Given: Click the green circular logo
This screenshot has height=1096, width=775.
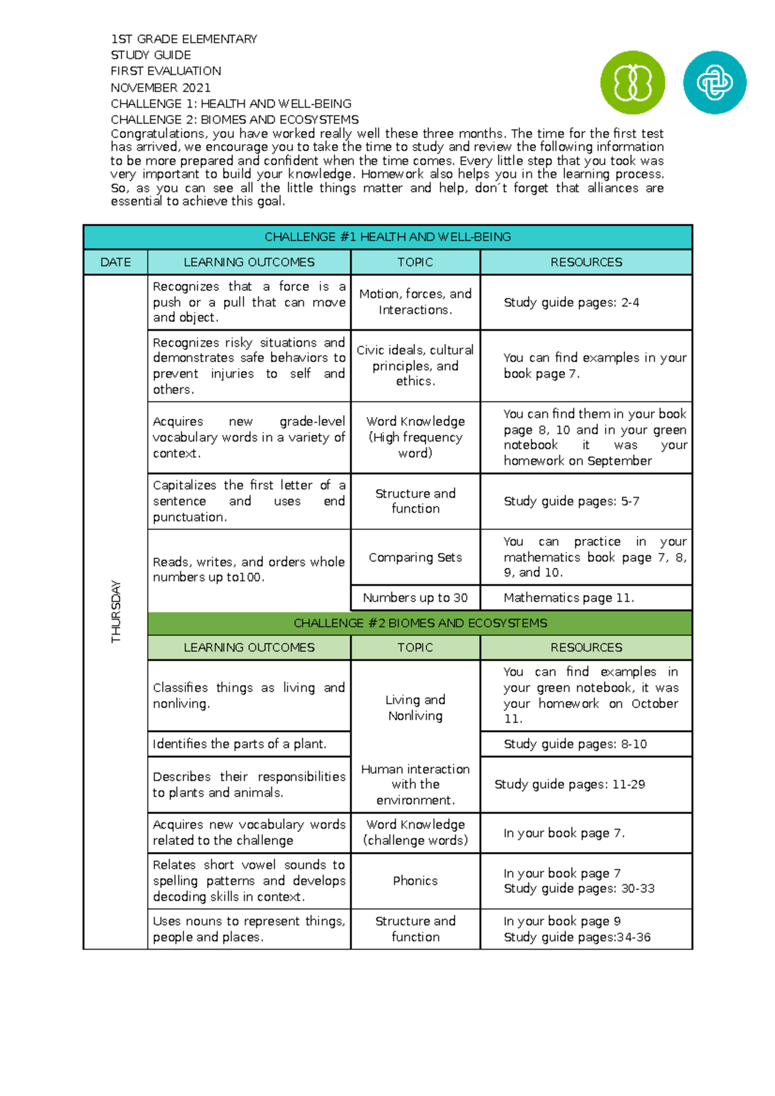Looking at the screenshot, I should (x=632, y=83).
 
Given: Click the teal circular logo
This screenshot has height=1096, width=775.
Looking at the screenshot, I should (x=714, y=83).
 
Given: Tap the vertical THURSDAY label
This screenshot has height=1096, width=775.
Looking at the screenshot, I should (x=116, y=611).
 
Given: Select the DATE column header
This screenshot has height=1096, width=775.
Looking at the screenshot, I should (x=116, y=262).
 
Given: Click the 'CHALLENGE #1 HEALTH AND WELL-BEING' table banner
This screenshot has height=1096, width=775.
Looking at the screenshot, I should (x=387, y=237).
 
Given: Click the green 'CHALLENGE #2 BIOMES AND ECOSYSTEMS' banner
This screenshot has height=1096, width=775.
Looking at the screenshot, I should (x=420, y=623).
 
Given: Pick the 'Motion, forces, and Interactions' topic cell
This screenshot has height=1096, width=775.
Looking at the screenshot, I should (x=415, y=301).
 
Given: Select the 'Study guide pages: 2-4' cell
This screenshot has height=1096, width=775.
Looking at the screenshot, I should (x=571, y=302).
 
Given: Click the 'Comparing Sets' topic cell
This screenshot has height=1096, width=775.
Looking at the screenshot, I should (x=415, y=557).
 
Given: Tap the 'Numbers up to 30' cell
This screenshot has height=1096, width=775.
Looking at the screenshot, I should (x=415, y=598).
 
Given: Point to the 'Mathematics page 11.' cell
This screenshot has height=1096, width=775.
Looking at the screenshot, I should (x=568, y=598).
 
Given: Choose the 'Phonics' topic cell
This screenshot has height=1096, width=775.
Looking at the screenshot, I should (x=415, y=880).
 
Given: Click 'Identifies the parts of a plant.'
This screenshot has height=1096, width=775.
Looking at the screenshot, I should (x=239, y=744).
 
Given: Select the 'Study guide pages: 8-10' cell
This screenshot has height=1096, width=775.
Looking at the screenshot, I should (x=575, y=744).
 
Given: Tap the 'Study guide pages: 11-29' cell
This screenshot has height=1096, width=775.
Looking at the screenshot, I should (x=570, y=784).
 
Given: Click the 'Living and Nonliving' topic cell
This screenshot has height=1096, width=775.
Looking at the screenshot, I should (x=415, y=707).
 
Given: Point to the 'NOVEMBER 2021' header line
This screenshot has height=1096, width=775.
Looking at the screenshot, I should (x=160, y=87).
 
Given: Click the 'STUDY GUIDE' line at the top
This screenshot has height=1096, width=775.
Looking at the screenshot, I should (x=150, y=55).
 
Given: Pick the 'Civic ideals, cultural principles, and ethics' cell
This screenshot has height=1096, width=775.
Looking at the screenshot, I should (x=415, y=365).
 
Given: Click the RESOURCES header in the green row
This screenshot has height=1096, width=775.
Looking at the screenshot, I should (x=586, y=647).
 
